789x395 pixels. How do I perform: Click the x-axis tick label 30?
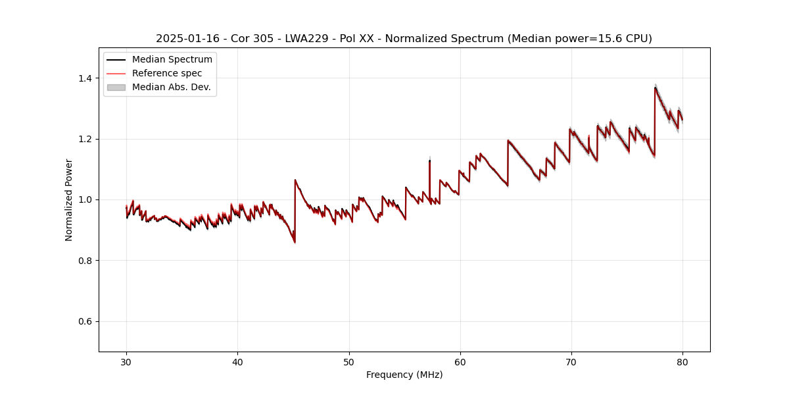coord(126,361)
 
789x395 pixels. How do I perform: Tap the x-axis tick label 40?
coord(237,361)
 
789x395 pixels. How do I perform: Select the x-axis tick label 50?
coord(348,361)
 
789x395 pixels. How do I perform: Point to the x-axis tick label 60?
coord(460,361)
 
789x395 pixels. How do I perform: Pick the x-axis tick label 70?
coord(571,361)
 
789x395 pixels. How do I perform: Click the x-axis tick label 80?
coord(682,361)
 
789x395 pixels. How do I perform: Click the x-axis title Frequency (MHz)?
coord(404,375)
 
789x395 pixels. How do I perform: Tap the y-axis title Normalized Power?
coord(69,199)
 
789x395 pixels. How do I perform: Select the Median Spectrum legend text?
coord(172,60)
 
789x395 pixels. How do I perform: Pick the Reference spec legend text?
coord(167,73)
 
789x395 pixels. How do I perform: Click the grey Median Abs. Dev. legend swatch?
coord(116,87)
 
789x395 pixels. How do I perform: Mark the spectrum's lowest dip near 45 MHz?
coord(295,242)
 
